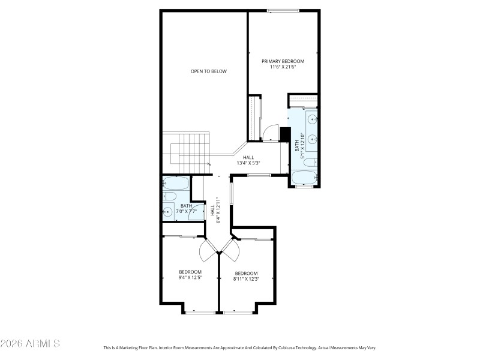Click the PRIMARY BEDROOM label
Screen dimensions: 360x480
(x=283, y=61)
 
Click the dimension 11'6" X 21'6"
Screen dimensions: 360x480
(x=283, y=67)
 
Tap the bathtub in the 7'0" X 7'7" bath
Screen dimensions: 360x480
(x=176, y=182)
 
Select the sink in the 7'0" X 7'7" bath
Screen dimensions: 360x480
(x=168, y=211)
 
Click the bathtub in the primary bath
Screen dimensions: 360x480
(x=305, y=178)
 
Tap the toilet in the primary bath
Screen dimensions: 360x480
(x=308, y=161)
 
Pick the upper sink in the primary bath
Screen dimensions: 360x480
(x=313, y=120)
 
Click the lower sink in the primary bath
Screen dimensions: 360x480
(x=313, y=139)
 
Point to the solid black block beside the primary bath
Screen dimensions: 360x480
(x=286, y=134)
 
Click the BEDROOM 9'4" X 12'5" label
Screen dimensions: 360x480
(x=190, y=274)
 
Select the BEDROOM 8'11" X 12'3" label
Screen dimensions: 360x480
(x=246, y=276)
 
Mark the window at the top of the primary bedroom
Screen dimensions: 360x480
(x=283, y=10)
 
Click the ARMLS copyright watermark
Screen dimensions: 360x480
(x=30, y=344)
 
